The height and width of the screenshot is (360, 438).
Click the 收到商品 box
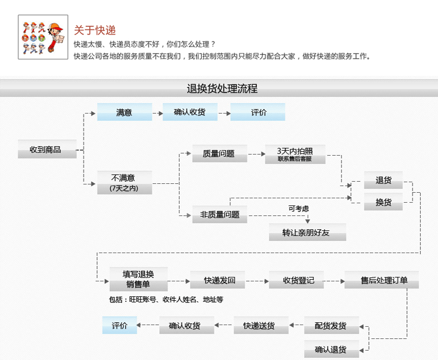click(x=47, y=149)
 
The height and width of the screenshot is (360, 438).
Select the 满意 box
click(x=125, y=112)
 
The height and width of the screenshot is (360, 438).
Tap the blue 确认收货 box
click(x=190, y=112)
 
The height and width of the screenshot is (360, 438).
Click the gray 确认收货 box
click(x=187, y=326)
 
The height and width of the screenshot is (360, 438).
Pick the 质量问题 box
click(x=220, y=154)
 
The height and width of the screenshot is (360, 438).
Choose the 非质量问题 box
click(x=220, y=214)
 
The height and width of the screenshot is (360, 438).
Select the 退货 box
click(x=383, y=180)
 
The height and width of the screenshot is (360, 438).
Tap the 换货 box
click(x=383, y=202)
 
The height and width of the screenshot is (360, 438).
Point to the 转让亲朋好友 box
click(x=307, y=232)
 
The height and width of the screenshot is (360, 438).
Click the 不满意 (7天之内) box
click(x=124, y=183)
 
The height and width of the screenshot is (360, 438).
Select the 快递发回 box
click(x=217, y=280)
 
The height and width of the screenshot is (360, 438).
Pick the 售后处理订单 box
click(x=381, y=280)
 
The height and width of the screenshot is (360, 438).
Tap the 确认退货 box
click(x=331, y=349)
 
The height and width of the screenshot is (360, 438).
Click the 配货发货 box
click(x=331, y=326)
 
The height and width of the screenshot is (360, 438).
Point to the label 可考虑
click(x=298, y=208)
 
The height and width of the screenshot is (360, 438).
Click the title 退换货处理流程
click(x=222, y=89)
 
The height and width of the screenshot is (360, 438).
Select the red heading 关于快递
click(x=95, y=30)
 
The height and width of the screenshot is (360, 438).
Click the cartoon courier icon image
click(x=43, y=38)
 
